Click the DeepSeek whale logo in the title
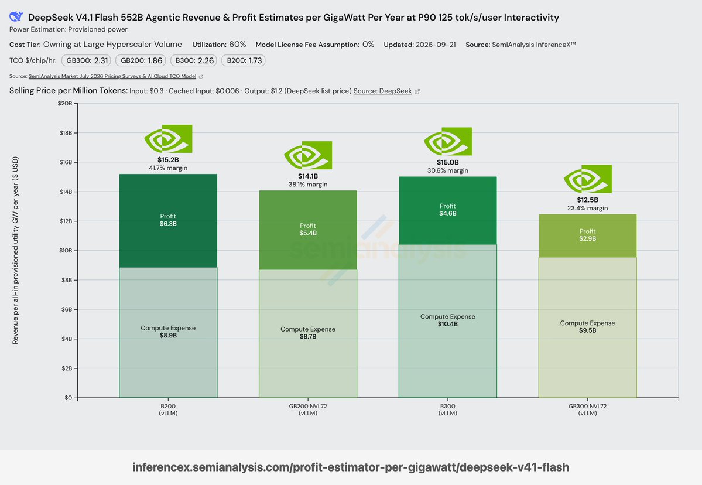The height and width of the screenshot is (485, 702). point(16,16)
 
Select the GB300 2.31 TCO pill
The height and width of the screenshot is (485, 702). point(86,60)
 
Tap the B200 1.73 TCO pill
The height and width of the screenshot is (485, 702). point(243,60)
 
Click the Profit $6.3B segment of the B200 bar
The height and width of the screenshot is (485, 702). point(169,221)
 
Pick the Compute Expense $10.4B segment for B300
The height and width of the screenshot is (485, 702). point(448,320)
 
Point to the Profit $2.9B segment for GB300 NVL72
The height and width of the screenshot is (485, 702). point(587,235)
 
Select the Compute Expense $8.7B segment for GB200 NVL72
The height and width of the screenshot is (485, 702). point(308,333)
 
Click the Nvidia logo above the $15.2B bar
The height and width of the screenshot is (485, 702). point(169,139)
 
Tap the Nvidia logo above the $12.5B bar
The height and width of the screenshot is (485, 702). point(587,179)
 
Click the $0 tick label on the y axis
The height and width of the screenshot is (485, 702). point(68,398)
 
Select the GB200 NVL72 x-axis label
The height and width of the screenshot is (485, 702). point(308,409)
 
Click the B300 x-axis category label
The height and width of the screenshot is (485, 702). point(448,409)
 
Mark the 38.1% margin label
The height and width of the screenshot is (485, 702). point(308,184)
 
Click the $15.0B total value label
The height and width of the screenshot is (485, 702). point(448,163)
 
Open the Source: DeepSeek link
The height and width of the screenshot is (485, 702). point(383,91)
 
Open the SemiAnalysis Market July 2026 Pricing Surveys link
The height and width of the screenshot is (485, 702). point(112,77)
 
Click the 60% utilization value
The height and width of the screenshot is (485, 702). point(238,45)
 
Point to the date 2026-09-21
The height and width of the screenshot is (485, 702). point(436,45)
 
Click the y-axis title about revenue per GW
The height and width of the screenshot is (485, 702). point(15,250)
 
